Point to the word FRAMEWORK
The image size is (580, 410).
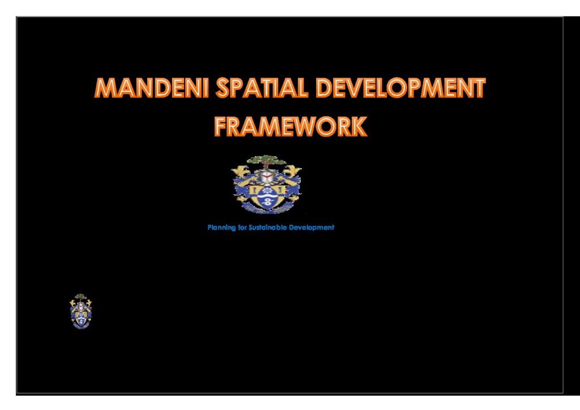point(291,126)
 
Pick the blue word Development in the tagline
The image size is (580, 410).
point(312,228)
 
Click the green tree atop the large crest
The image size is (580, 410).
point(266,162)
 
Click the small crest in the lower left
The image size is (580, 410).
point(80,311)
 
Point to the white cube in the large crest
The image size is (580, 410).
point(266,177)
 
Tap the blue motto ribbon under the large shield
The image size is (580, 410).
point(266,210)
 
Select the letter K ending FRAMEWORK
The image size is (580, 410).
point(359,126)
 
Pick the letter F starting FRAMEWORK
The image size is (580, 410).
point(221,126)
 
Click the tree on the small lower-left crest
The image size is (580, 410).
point(81,297)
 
